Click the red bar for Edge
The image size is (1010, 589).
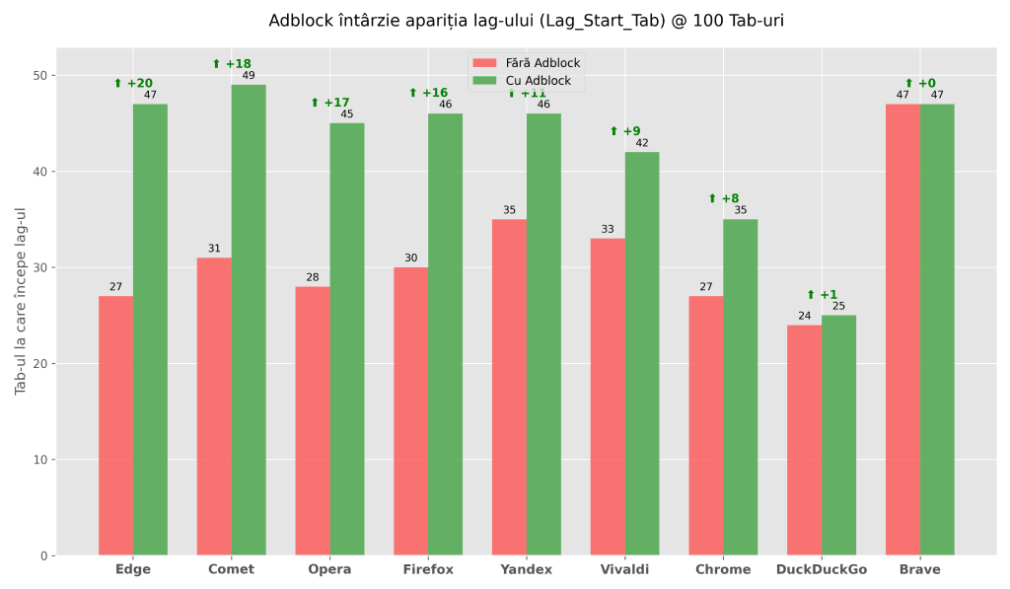click(x=115, y=425)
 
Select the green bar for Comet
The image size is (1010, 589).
click(x=249, y=320)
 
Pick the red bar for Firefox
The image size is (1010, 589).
click(x=410, y=410)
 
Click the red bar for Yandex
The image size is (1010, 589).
click(x=509, y=387)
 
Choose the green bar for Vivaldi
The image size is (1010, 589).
click(x=642, y=353)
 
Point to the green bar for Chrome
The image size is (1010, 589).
click(x=740, y=387)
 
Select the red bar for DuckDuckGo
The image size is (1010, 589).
click(x=804, y=440)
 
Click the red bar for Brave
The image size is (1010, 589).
click(x=902, y=330)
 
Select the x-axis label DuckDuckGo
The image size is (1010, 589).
click(x=822, y=569)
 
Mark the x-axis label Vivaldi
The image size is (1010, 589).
click(x=624, y=569)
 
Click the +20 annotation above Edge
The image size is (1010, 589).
click(x=133, y=84)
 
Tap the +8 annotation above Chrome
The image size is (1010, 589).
click(x=723, y=198)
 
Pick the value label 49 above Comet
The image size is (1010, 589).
click(x=249, y=76)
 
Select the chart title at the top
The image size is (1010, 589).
click(x=526, y=21)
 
